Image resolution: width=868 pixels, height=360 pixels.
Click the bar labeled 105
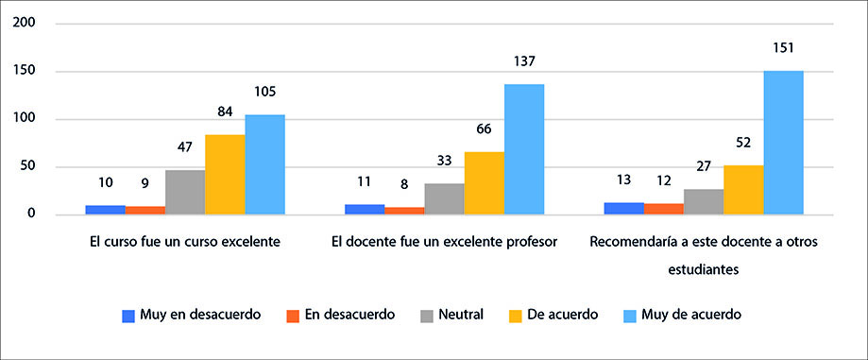tap(264, 164)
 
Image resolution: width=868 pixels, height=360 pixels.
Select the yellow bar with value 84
tap(225, 175)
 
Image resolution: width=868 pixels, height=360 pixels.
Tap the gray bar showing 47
tap(185, 192)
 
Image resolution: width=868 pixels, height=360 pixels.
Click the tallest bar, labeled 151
tap(783, 143)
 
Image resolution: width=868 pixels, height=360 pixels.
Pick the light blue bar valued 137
tap(523, 149)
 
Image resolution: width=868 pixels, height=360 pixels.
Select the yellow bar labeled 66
tap(484, 183)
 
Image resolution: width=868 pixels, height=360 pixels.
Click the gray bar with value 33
tap(444, 198)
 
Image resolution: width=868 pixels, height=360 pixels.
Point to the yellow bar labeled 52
tap(743, 190)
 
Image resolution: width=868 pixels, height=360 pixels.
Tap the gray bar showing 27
tap(704, 201)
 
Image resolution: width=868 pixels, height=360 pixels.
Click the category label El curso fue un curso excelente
tap(179, 241)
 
